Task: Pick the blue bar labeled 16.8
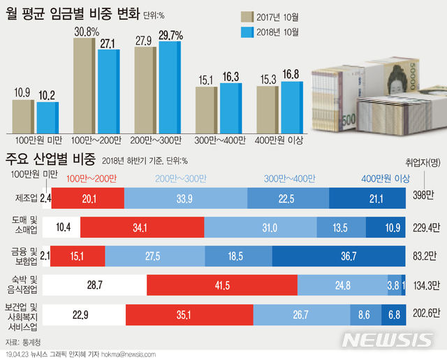pyautogui.click(x=291, y=107)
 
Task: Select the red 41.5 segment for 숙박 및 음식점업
pyautogui.click(x=222, y=285)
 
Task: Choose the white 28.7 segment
pyautogui.click(x=94, y=285)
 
